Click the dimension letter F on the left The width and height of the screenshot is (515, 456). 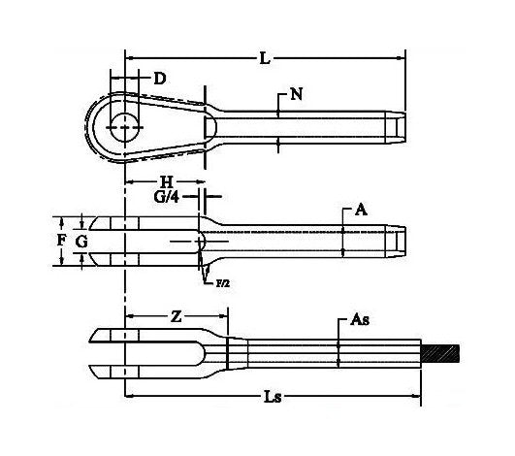(61, 239)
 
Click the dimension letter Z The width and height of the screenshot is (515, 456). (176, 317)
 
